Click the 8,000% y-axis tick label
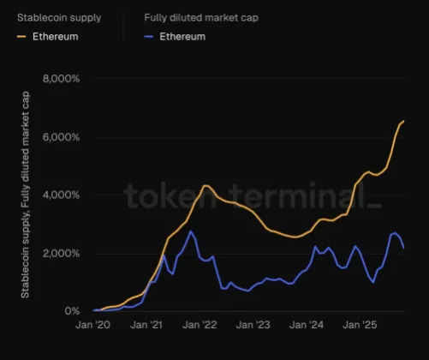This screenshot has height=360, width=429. [61, 79]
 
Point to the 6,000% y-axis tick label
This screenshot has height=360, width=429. [61, 137]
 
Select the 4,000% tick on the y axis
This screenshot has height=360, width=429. [61, 195]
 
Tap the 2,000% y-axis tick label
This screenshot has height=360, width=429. [61, 254]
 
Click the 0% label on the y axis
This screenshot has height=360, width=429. [73, 311]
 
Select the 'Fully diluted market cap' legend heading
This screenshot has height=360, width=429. [200, 17]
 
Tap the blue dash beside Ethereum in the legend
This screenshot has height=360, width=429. [149, 37]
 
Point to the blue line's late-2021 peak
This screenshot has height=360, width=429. [191, 231]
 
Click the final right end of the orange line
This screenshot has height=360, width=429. [403, 122]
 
